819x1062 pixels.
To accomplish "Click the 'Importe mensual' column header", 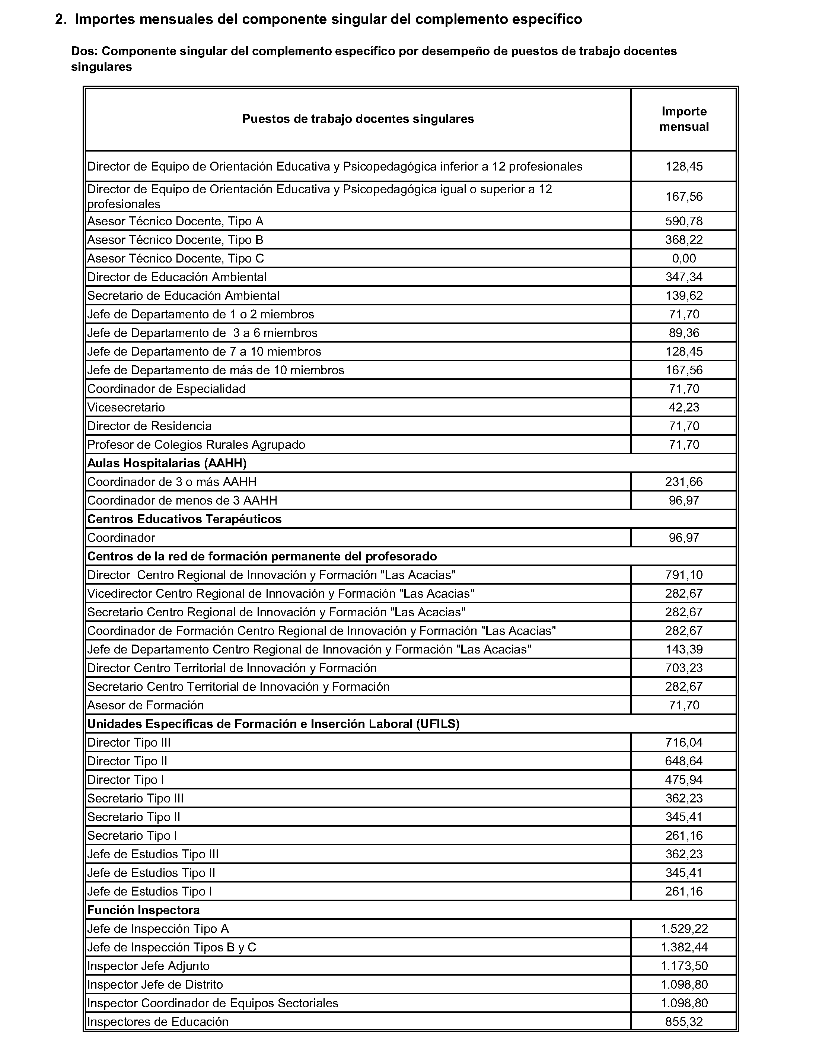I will [683, 119].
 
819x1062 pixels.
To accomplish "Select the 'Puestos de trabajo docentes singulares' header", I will [358, 119].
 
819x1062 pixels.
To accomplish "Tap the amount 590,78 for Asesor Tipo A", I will [683, 221].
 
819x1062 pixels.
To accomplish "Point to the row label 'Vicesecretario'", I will [126, 407].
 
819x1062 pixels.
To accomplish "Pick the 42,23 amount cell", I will [683, 407].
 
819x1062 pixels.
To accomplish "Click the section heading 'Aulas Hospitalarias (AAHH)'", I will [167, 463].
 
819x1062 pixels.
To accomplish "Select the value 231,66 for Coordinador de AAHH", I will [683, 482].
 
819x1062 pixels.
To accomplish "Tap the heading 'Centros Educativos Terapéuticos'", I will [184, 519].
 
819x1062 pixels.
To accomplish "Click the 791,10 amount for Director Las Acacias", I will [683, 575].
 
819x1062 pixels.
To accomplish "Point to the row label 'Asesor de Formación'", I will [145, 706].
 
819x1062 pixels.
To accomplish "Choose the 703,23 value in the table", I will [683, 668].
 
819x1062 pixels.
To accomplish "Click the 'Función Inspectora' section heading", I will [143, 910].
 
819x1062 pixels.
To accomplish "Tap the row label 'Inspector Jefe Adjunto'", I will [148, 966].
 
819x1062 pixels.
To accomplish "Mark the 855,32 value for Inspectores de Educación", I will [683, 1022].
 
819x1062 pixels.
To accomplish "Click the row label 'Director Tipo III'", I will [129, 743].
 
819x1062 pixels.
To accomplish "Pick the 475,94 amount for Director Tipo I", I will [683, 780].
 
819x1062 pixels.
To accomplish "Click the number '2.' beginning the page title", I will [61, 19].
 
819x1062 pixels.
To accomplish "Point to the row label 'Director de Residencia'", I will [149, 426].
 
